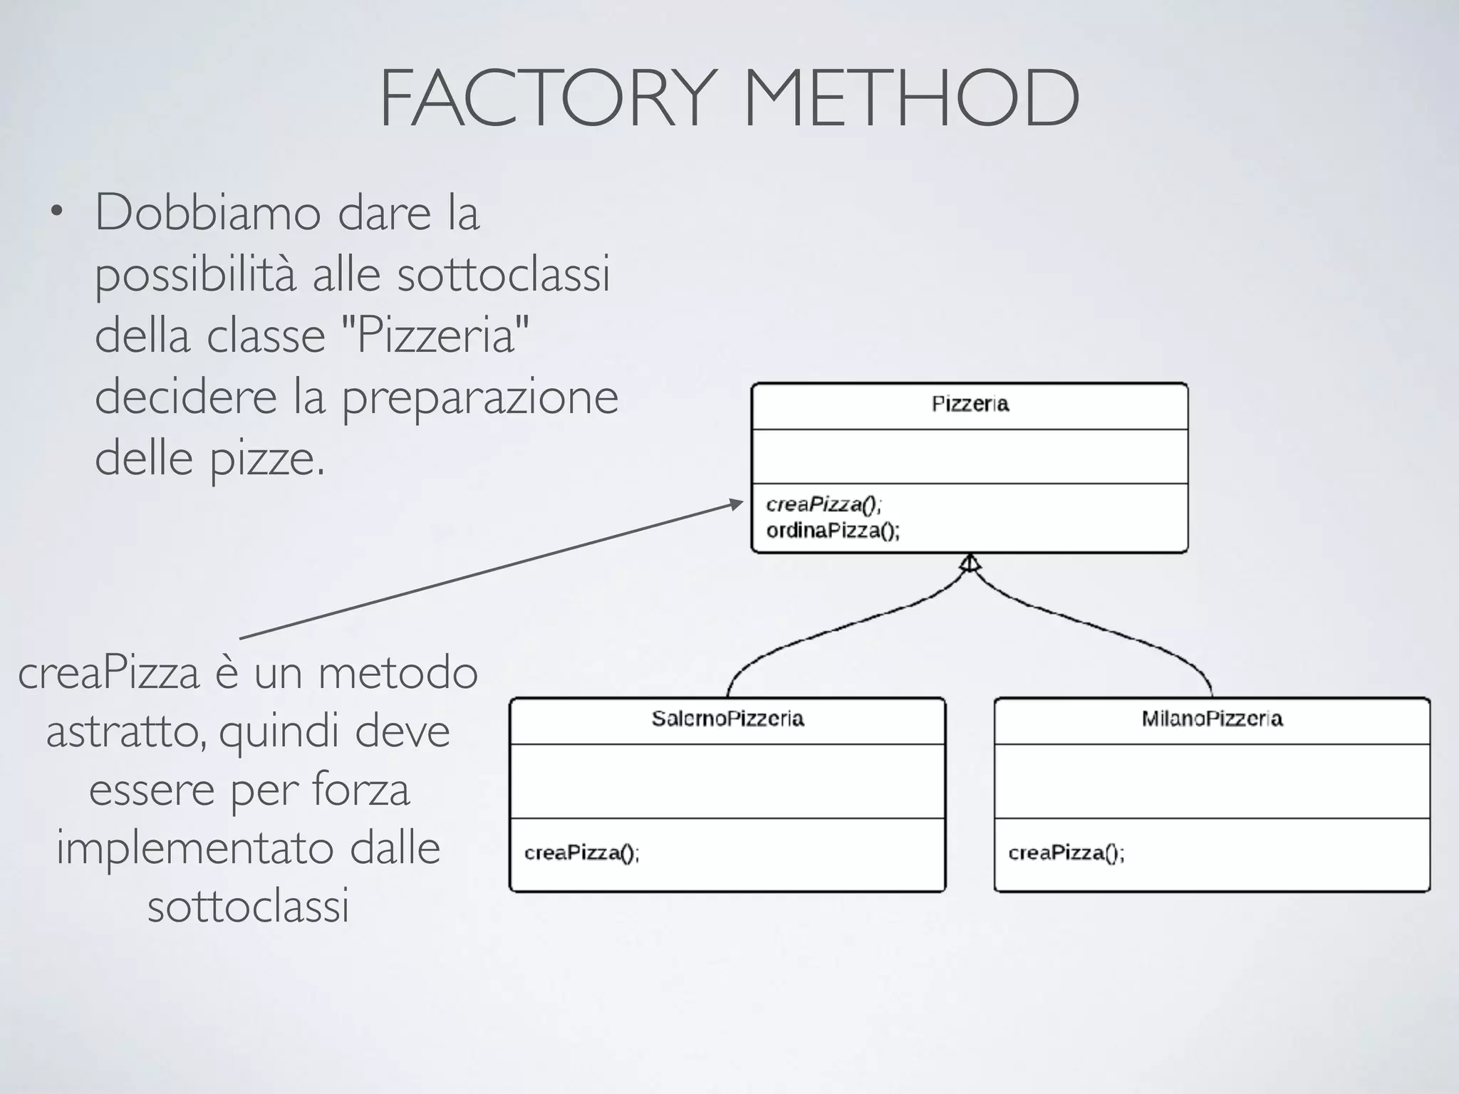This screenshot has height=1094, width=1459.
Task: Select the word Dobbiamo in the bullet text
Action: tap(207, 213)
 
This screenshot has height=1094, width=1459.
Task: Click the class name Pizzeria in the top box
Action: tap(970, 405)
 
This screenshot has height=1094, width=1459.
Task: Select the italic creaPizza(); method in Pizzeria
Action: tap(824, 505)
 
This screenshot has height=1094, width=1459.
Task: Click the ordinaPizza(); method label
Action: tap(833, 531)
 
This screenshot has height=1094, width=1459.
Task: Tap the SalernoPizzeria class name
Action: tap(727, 719)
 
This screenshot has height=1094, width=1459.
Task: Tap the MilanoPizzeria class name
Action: tap(1212, 719)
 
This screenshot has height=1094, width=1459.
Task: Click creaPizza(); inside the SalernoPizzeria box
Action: tap(582, 853)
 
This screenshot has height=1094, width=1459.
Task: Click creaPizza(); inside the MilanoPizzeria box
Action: tap(1066, 853)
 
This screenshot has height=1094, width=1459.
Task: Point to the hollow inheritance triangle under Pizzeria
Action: tap(970, 563)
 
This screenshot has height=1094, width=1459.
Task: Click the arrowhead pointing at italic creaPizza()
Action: tap(737, 504)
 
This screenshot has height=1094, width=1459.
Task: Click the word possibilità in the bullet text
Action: tap(195, 275)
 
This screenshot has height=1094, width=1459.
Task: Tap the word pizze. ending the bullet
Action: tap(267, 459)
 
